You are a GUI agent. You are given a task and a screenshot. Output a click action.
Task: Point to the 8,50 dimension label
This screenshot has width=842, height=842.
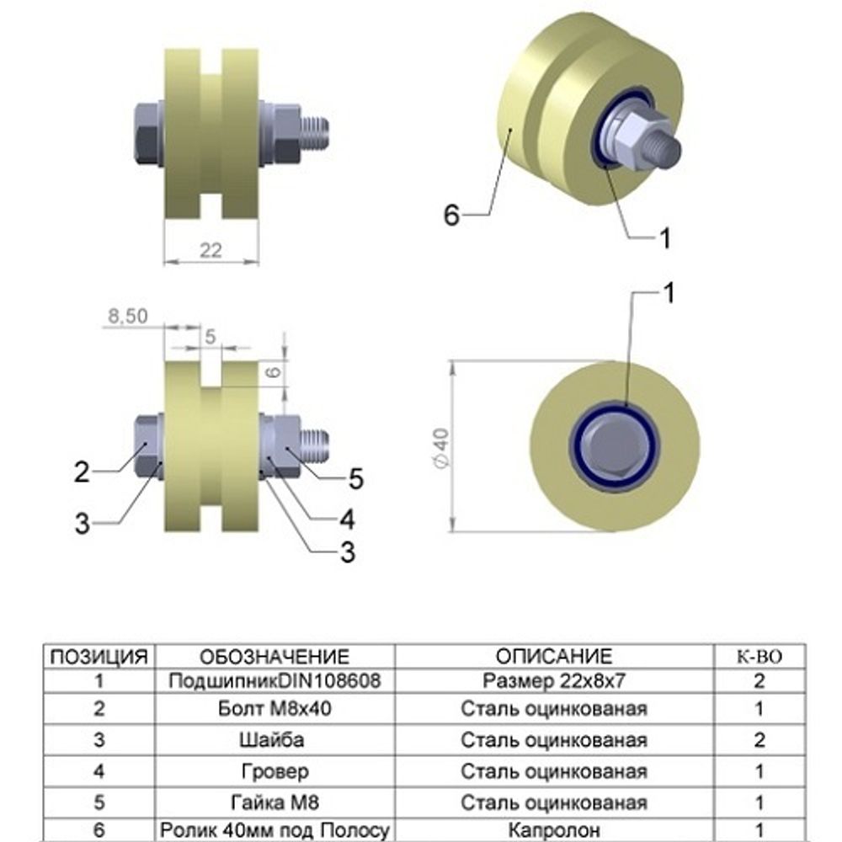128,316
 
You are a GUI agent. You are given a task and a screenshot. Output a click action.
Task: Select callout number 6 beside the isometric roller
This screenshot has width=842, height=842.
452,216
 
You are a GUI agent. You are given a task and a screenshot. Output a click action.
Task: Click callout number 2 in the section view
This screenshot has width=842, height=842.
82,472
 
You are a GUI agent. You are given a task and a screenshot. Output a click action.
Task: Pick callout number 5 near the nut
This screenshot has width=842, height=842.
355,479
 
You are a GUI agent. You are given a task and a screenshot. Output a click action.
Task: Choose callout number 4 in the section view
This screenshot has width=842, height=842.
347,516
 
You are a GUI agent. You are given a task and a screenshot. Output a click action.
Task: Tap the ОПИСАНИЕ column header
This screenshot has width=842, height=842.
553,657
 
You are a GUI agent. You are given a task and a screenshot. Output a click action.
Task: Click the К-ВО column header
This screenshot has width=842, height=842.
759,657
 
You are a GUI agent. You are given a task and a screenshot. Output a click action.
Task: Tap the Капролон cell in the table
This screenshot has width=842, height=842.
553,830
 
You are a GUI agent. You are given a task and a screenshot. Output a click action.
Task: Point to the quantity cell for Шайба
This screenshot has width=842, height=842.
759,740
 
